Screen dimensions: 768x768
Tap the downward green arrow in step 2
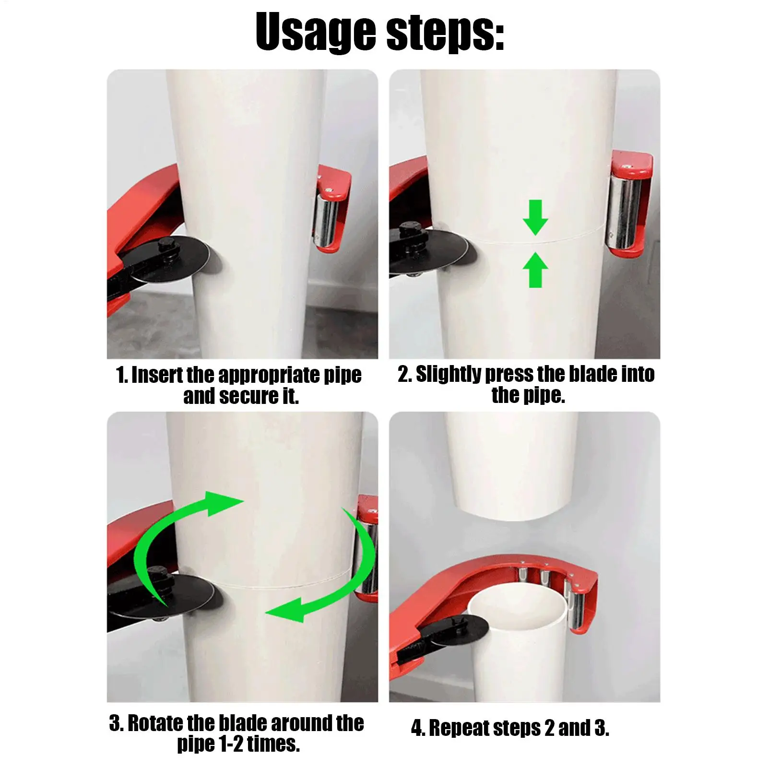tap(535, 217)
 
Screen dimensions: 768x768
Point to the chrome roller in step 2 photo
tap(624, 211)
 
